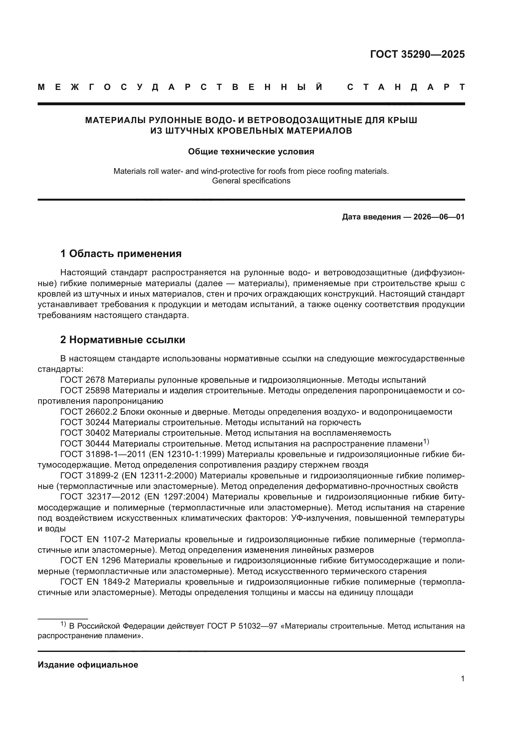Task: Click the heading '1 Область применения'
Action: click(121, 254)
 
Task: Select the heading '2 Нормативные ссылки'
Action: click(123, 340)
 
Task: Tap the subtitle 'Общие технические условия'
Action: click(251, 152)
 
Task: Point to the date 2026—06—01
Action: click(439, 217)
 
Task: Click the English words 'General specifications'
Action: click(251, 181)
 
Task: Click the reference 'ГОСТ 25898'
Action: click(85, 390)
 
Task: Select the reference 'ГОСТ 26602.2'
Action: click(89, 412)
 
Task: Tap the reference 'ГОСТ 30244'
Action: click(85, 422)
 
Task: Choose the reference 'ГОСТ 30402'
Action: click(85, 433)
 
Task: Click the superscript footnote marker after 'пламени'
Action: click(426, 441)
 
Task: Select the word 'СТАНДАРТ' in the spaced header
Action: click(406, 87)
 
